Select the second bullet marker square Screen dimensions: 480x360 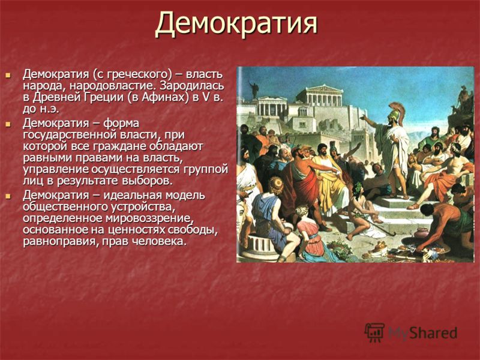click(x=8, y=124)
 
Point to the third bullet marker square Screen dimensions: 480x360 click(x=8, y=196)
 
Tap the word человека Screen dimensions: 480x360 click(x=159, y=242)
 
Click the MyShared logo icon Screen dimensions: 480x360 click(x=374, y=332)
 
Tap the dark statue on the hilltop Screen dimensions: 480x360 click(x=254, y=89)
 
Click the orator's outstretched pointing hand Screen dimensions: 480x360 click(x=363, y=116)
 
